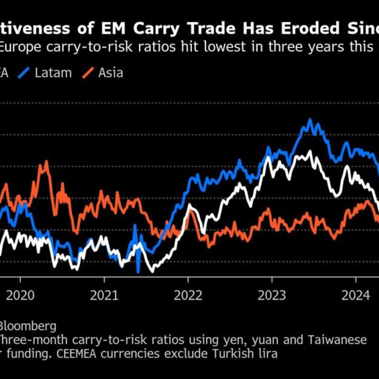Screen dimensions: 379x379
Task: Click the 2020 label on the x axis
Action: (21, 295)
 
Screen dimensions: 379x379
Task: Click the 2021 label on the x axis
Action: (104, 295)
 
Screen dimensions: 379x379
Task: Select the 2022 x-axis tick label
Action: (188, 295)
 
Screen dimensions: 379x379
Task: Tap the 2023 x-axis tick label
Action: (272, 295)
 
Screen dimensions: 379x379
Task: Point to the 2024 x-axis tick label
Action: (356, 295)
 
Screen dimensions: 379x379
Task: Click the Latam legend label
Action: (53, 73)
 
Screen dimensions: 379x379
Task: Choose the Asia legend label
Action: (111, 73)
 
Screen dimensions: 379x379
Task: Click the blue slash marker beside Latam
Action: (28, 73)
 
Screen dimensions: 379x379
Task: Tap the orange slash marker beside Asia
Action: (87, 73)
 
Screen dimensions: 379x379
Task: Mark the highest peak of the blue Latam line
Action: (310, 120)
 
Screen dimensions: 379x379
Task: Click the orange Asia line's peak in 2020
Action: (46, 162)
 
